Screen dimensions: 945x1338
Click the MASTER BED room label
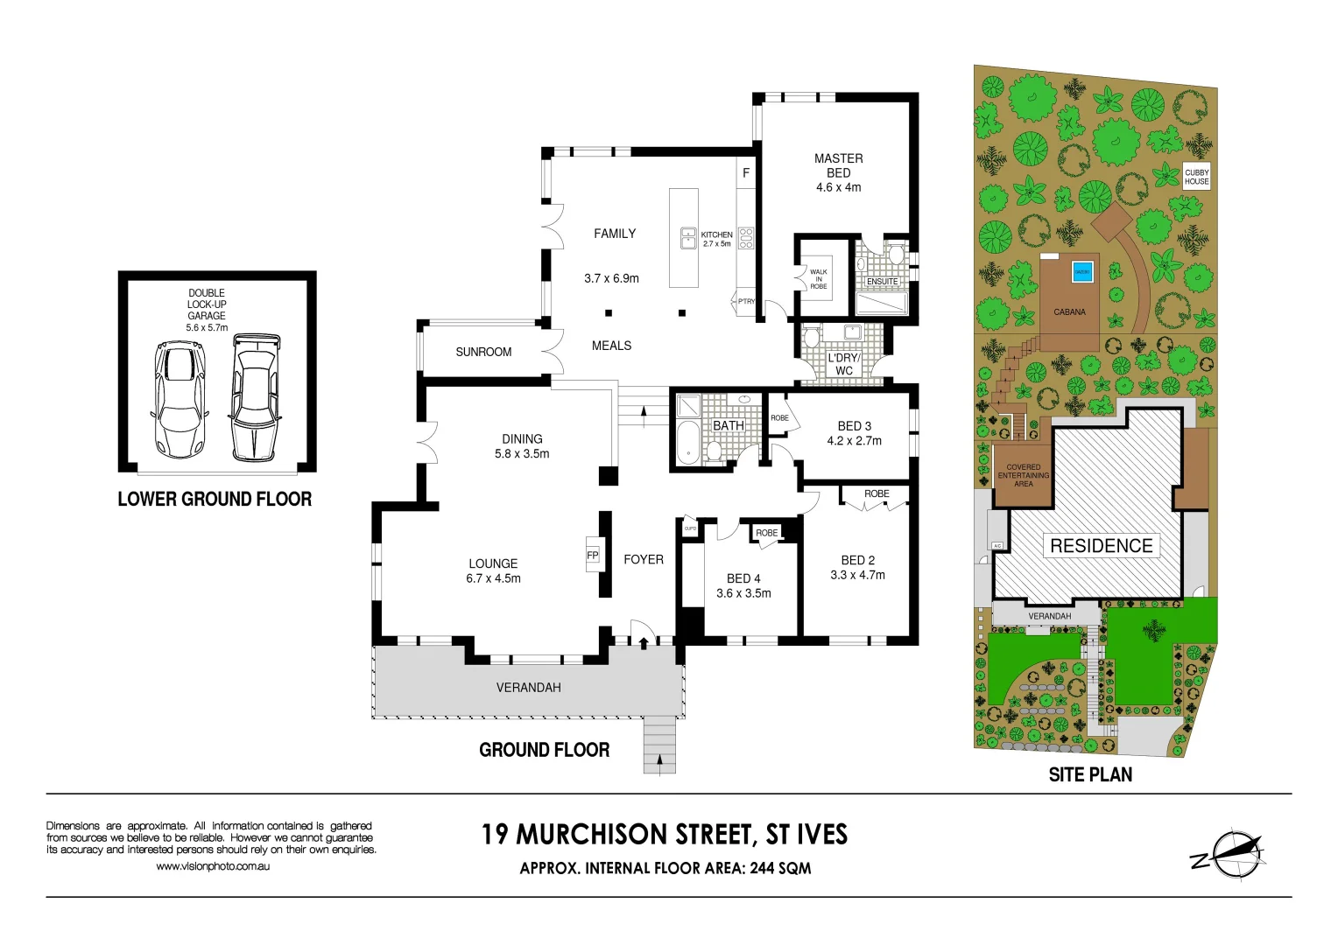838,165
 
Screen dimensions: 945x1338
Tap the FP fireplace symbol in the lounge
593,556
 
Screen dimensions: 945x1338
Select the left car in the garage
180,399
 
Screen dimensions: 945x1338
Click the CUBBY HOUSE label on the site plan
1196,177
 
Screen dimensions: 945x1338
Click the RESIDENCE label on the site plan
1101,546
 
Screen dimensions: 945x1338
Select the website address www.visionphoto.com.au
213,866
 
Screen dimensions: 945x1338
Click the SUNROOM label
483,352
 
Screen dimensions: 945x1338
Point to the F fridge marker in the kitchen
746,173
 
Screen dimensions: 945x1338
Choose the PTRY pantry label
746,301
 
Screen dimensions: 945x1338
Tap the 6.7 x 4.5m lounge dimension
493,578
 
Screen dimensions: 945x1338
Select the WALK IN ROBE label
818,279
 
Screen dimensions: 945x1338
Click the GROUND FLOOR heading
544,750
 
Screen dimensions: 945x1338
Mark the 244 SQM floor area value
780,868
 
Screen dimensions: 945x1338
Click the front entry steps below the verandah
658,744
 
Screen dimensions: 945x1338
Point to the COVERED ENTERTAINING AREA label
1023,475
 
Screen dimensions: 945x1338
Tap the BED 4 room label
743,578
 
